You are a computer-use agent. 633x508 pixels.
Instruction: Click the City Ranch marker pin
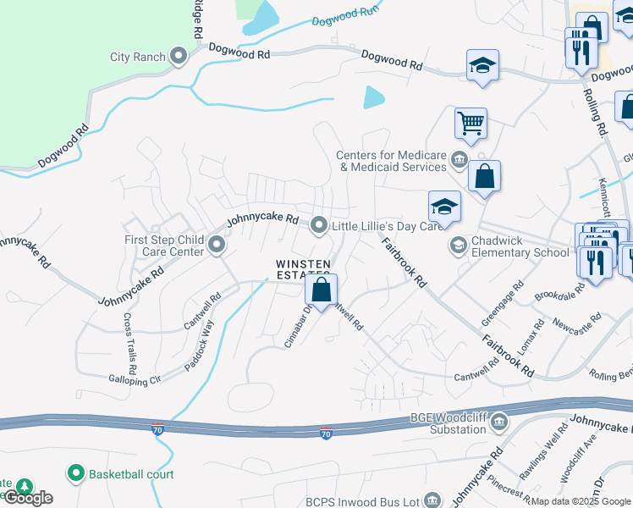pyautogui.click(x=179, y=58)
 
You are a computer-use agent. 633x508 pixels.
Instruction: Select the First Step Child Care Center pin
pyautogui.click(x=217, y=246)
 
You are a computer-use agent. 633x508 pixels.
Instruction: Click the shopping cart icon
pyautogui.click(x=471, y=123)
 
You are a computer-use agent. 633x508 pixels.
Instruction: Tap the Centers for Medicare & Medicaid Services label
pyautogui.click(x=391, y=161)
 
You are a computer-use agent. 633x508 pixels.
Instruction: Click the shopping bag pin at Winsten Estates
pyautogui.click(x=322, y=290)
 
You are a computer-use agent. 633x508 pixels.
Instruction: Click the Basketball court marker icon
pyautogui.click(x=76, y=473)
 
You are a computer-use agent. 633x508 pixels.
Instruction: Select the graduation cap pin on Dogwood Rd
pyautogui.click(x=482, y=65)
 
